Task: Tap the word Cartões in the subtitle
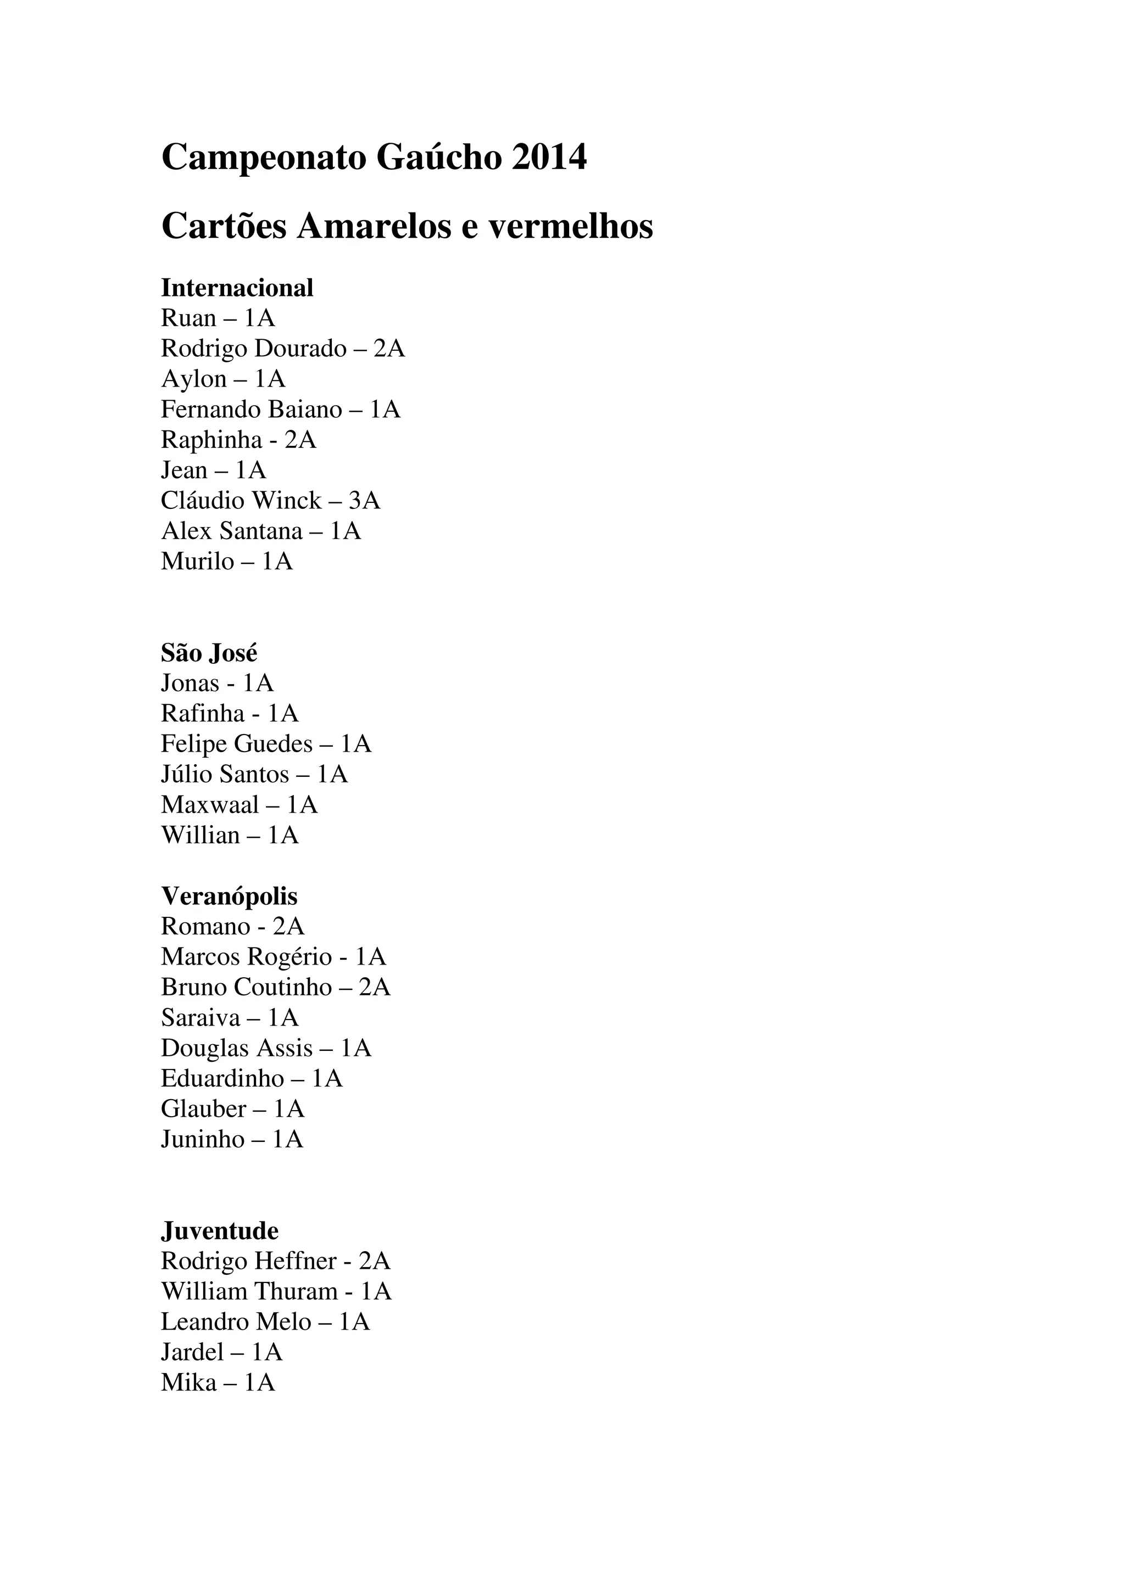(223, 227)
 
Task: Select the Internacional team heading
(237, 288)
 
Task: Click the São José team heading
(209, 653)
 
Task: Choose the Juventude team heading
(220, 1231)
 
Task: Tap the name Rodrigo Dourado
(254, 349)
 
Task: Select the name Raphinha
(211, 440)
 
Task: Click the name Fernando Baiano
(252, 410)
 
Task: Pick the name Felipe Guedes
(237, 744)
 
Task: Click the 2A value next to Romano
(288, 927)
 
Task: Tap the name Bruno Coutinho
(246, 988)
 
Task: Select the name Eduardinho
(222, 1079)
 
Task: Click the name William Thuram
(249, 1292)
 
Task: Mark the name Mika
(188, 1383)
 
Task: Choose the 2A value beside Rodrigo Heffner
(374, 1261)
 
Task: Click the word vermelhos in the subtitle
(571, 227)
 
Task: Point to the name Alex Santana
(231, 531)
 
